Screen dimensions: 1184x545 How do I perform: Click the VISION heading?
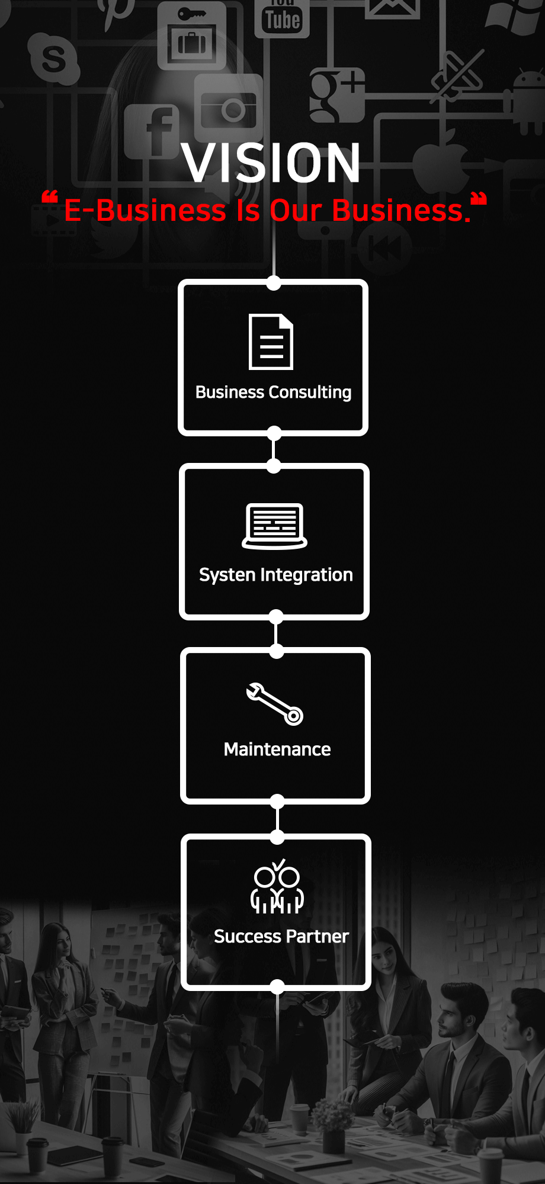coord(271,163)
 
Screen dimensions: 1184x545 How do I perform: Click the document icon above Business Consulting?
coord(271,342)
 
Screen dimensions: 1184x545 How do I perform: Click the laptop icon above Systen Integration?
coord(274,526)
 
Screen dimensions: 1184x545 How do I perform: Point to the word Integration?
coord(306,575)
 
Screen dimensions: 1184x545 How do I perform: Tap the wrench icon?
coord(275,704)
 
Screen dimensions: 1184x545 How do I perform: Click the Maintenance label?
coord(277,749)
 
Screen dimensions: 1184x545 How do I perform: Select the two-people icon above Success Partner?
coord(277,887)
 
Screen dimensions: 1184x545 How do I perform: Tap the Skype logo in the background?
coord(54,58)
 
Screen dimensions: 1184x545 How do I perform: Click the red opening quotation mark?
coord(50,198)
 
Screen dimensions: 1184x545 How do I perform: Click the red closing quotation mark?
coord(479,198)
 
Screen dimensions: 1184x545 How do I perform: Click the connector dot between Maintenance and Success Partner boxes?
coord(277,836)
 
